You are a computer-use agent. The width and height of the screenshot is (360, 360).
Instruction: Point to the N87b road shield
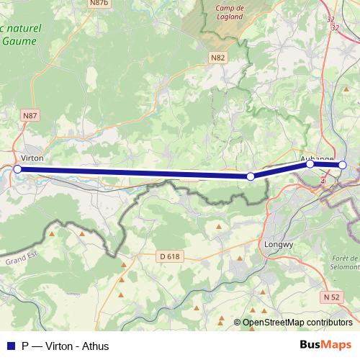(x=99, y=4)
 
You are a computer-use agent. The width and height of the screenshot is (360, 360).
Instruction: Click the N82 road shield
(x=218, y=57)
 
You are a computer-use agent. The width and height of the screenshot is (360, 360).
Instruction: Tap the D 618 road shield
(x=170, y=256)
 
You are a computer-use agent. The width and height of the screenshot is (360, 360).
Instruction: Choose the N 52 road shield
(x=331, y=297)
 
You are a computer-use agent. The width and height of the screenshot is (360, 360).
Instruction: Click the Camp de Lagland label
(x=230, y=12)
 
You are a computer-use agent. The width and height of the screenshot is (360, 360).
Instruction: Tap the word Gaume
(x=19, y=41)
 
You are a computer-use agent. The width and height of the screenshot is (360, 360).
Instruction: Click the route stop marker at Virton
(x=18, y=169)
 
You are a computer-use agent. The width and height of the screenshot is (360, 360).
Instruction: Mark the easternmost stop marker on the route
(x=343, y=165)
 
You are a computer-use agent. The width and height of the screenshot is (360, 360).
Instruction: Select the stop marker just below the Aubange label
(x=310, y=163)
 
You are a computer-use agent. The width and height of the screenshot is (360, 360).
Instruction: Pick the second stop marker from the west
(x=251, y=176)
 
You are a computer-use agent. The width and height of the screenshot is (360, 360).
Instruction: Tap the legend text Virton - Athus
(x=76, y=346)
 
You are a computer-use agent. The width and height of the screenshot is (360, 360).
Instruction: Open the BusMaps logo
(x=325, y=346)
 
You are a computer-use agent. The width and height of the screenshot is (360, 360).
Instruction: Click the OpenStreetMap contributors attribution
(x=297, y=323)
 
